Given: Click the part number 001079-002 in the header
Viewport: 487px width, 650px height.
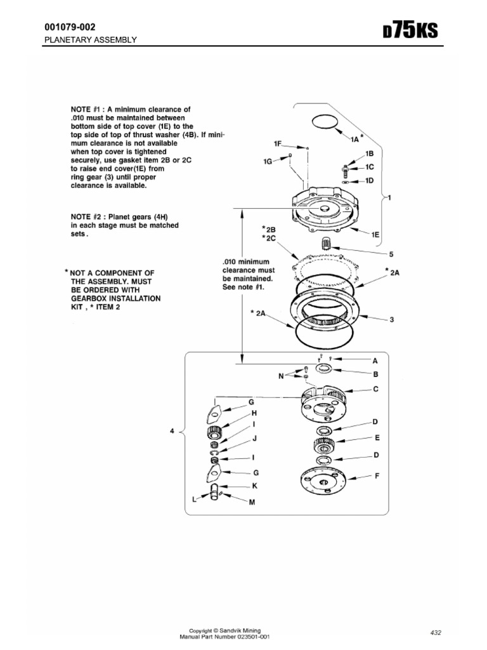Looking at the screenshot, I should pyautogui.click(x=69, y=27).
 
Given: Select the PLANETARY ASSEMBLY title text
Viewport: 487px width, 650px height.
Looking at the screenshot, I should pyautogui.click(x=89, y=40).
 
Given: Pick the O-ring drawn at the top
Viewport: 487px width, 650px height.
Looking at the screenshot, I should pyautogui.click(x=326, y=123).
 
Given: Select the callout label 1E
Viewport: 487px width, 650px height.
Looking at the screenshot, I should pyautogui.click(x=375, y=234).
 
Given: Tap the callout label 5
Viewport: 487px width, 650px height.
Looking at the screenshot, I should pyautogui.click(x=391, y=254).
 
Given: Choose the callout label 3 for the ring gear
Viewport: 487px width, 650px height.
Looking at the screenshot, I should pyautogui.click(x=392, y=319).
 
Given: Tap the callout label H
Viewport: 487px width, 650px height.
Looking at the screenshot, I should pyautogui.click(x=254, y=412).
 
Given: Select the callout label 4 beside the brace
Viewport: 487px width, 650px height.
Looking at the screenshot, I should pyautogui.click(x=172, y=431).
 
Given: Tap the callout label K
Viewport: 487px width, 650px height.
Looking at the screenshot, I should pyautogui.click(x=254, y=486).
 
